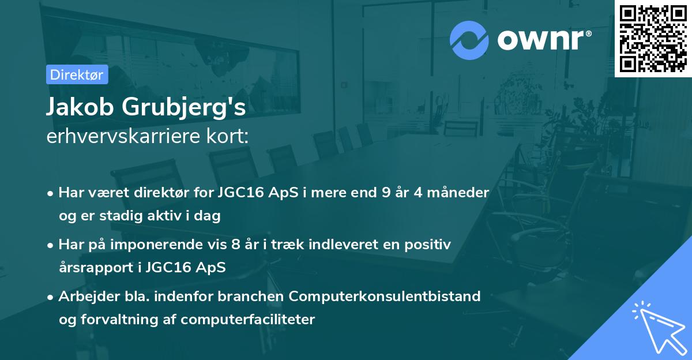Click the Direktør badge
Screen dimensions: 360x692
tap(77, 74)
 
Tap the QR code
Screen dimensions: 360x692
tap(653, 39)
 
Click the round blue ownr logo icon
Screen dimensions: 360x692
tap(469, 40)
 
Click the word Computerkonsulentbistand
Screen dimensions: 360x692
tap(385, 297)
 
